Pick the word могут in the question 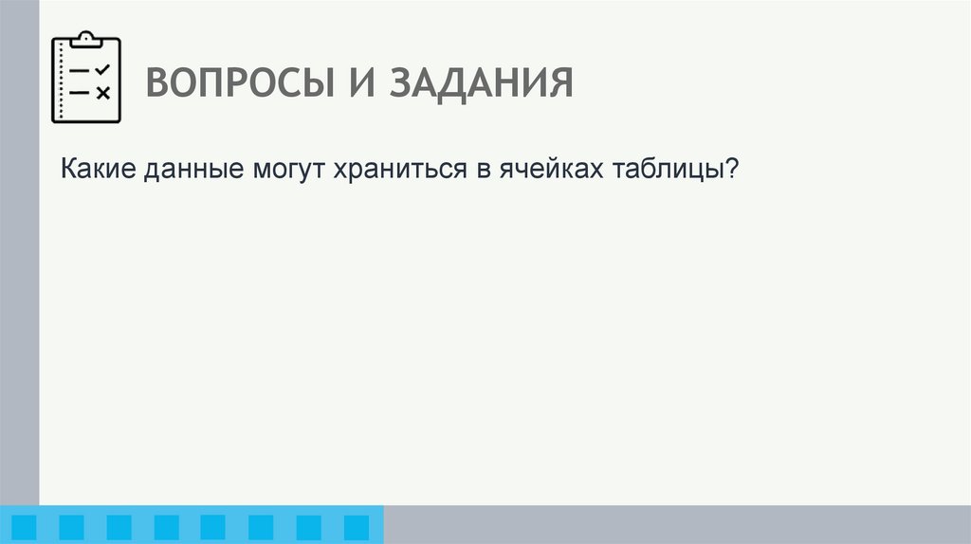point(287,172)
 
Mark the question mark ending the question point(731,171)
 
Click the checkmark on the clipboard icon point(103,69)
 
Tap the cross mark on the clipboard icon point(103,92)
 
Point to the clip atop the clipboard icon point(87,37)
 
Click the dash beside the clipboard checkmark point(80,70)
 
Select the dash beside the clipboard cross point(80,92)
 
